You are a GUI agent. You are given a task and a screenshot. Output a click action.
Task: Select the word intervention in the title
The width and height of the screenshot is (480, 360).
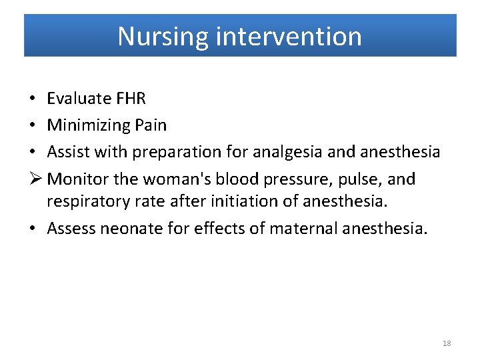click(289, 36)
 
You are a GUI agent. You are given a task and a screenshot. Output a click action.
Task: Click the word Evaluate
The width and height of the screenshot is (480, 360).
click(79, 99)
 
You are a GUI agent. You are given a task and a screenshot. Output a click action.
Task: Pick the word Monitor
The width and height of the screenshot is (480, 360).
click(76, 179)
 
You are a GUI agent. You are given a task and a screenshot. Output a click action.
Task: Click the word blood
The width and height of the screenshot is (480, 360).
click(234, 179)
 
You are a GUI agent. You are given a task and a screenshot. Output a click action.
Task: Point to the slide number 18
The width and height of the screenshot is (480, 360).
click(447, 343)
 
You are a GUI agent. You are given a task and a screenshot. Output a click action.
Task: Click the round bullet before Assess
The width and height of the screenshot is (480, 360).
click(33, 229)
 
